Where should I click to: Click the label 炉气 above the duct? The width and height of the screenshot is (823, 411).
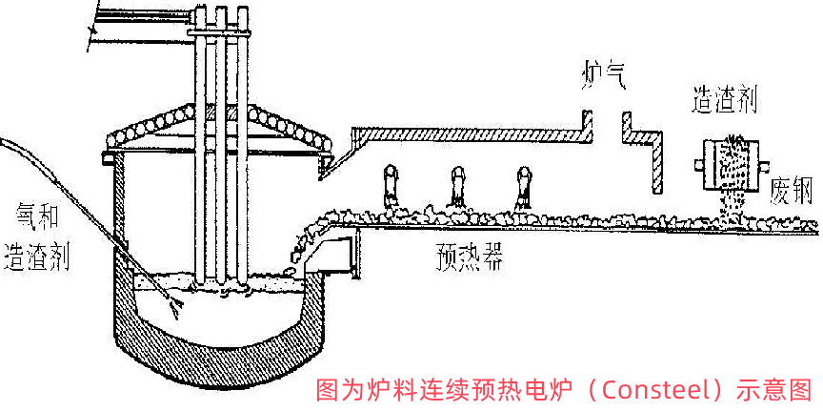coord(606,73)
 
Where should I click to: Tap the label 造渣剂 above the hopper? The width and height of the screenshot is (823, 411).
coord(726,100)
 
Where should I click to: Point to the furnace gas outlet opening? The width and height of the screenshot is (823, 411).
coord(607,124)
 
